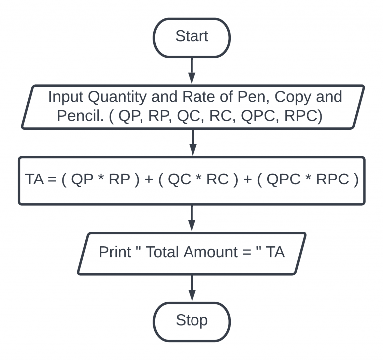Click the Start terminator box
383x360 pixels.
tap(191, 37)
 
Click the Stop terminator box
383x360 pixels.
tap(191, 320)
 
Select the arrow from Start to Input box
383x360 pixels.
tap(192, 70)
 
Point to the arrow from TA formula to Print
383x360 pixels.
tap(192, 218)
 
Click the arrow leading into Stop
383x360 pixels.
tap(192, 289)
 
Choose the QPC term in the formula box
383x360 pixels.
tap(283, 180)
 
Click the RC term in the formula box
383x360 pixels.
tap(217, 180)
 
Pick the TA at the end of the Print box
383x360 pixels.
tap(275, 252)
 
